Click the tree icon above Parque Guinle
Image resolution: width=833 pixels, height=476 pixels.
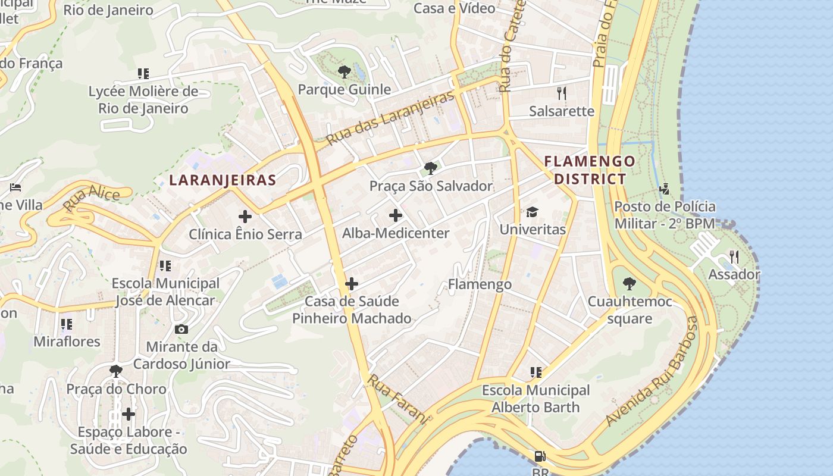pos(344,73)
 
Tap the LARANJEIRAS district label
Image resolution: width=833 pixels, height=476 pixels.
pos(223,180)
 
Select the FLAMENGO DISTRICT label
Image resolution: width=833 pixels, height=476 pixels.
pos(590,170)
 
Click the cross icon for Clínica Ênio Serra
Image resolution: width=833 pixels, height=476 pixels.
pos(245,217)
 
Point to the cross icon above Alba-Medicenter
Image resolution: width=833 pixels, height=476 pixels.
pos(396,215)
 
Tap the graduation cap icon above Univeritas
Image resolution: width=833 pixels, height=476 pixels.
pos(532,212)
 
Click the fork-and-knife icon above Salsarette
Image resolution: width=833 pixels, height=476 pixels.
pos(561,93)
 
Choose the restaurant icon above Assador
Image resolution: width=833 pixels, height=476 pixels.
pos(734,257)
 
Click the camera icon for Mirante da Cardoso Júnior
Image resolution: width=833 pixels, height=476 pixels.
pos(181,329)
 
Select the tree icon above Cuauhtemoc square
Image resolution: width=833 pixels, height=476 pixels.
pos(629,284)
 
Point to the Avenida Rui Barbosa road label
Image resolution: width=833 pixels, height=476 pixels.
pos(651,372)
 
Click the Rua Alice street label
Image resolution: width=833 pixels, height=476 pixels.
pos(91,198)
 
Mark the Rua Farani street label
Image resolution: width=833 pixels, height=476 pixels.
pos(397,399)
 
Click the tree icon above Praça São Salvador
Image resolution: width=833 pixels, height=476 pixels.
pos(431,168)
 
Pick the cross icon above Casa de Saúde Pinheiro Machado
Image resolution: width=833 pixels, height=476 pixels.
pos(352,284)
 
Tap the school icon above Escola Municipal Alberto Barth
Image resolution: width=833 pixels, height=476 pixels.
pos(535,372)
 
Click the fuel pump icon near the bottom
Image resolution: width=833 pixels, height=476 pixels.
pos(540,456)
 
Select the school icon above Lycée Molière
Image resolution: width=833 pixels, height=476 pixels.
pos(143,74)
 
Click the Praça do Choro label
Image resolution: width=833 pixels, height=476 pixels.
pos(117,389)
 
